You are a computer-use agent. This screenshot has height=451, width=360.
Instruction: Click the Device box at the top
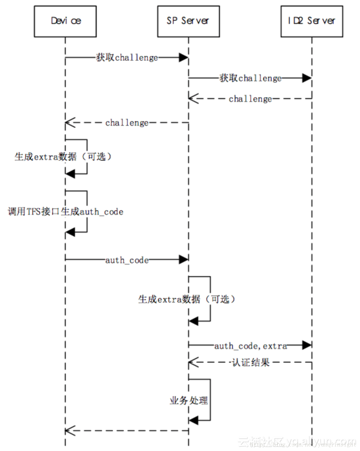point(65,21)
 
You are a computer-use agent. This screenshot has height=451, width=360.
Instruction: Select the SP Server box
point(188,21)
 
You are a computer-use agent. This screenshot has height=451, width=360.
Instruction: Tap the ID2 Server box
point(312,21)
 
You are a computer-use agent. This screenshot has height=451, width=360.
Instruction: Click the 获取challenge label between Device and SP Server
point(127,58)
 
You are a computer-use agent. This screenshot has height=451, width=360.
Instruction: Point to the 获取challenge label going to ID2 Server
point(251,78)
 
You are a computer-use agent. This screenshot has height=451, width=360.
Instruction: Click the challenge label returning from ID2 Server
point(250,99)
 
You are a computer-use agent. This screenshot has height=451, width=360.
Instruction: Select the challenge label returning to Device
point(127,123)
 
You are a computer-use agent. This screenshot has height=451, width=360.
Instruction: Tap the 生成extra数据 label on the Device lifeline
point(63,157)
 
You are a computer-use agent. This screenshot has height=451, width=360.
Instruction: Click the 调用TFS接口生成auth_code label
point(65,212)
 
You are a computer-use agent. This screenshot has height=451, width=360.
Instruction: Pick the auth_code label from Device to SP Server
point(127,260)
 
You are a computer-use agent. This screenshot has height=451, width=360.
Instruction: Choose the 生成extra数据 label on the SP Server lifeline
point(187,299)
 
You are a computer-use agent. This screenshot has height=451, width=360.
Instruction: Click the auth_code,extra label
point(251,346)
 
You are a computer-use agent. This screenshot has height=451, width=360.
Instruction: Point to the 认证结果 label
point(251,363)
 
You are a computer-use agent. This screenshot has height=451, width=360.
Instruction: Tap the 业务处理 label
point(189,401)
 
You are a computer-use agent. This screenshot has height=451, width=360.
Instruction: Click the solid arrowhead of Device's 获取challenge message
point(184,58)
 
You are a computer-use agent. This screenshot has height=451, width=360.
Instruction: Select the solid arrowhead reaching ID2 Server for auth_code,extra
point(307,345)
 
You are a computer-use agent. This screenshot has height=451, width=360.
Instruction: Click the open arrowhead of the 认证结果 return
point(193,363)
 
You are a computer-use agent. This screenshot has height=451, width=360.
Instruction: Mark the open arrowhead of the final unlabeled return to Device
point(70,430)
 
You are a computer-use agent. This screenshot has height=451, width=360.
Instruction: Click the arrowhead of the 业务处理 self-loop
point(193,420)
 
